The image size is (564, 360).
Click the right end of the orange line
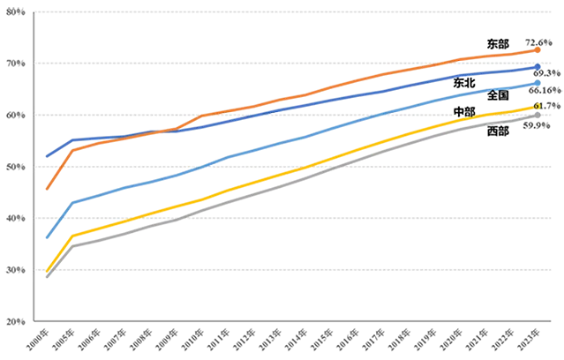coord(539,49)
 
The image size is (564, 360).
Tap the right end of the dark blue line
coord(539,66)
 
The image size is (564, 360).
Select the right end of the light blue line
coord(539,82)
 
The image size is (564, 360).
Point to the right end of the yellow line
coord(538,108)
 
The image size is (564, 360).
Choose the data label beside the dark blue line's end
coord(549,68)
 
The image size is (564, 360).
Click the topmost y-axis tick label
coord(18,11)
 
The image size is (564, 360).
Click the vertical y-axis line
coord(31,168)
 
